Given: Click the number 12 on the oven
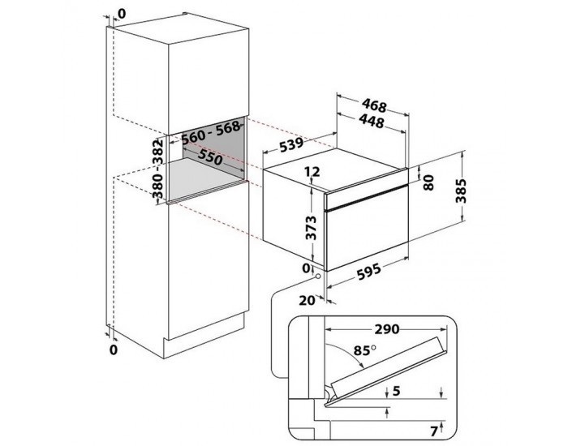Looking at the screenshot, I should coord(313,172).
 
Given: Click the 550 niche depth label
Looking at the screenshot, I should coord(210,160).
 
